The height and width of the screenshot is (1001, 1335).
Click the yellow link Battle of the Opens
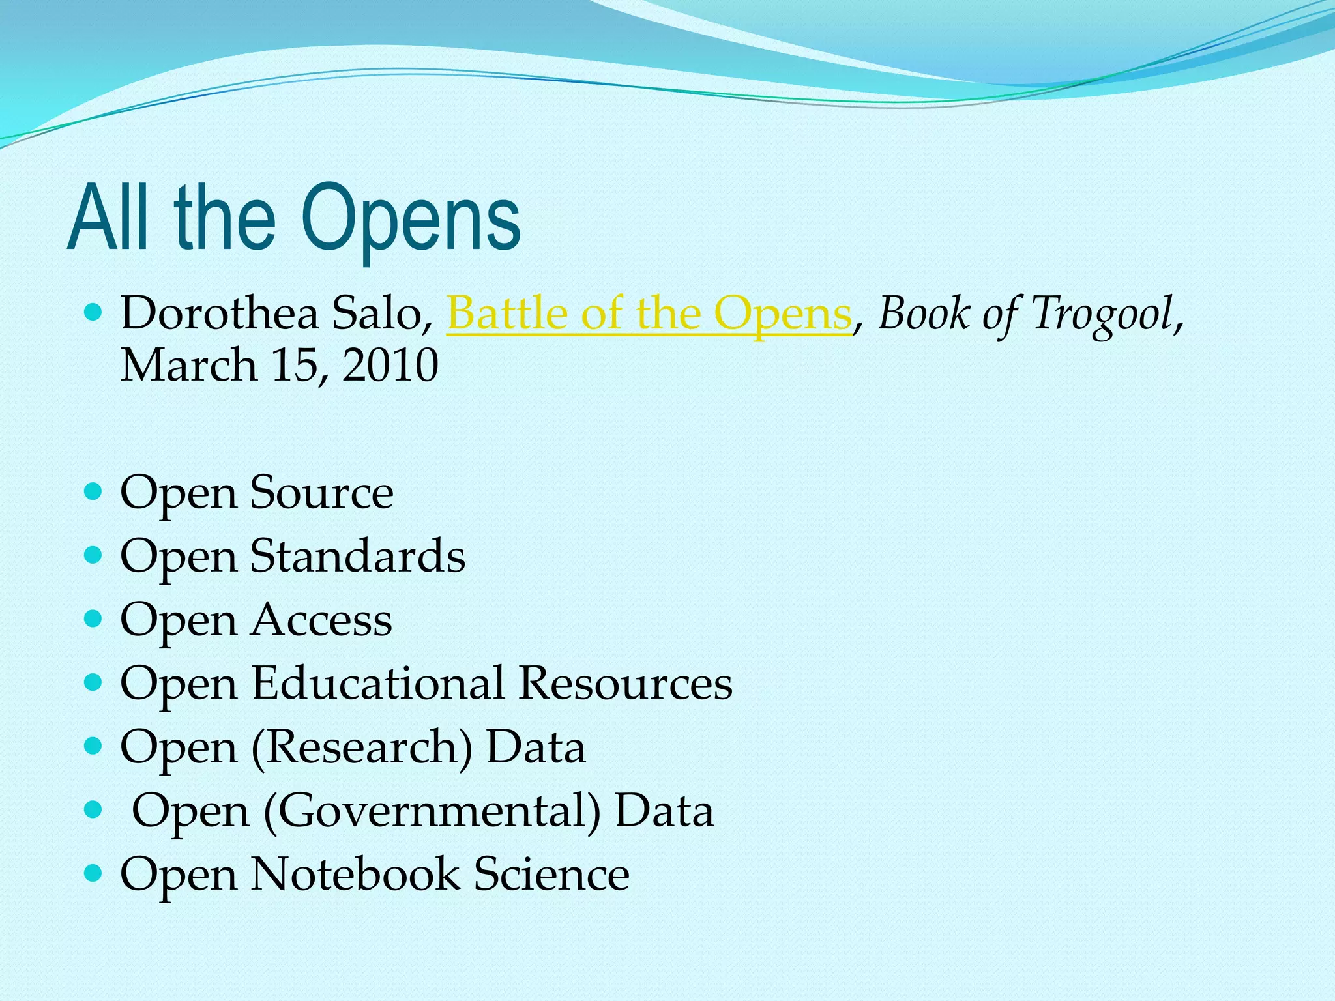[x=649, y=314]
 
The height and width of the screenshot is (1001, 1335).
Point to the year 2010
[x=390, y=366]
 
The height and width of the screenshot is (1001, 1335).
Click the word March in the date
[x=188, y=366]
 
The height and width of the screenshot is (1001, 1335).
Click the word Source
[x=322, y=493]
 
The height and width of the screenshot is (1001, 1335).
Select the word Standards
[x=358, y=557]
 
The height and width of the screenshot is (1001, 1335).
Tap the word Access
[x=321, y=620]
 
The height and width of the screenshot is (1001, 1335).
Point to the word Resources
[x=626, y=684]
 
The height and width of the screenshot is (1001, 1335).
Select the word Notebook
[x=355, y=874]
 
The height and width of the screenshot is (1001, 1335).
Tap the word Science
[x=551, y=874]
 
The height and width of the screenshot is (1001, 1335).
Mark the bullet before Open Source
[x=94, y=491]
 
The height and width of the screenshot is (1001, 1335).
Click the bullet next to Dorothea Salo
[x=94, y=312]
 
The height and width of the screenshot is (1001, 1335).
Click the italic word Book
[x=924, y=314]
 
